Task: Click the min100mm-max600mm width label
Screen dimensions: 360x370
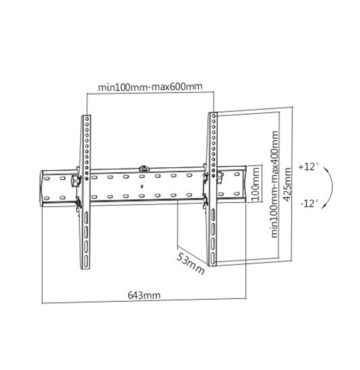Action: (x=150, y=86)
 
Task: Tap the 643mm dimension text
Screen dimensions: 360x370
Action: (x=144, y=295)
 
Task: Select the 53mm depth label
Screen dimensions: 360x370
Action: (x=190, y=263)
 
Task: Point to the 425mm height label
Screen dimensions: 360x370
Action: (x=287, y=184)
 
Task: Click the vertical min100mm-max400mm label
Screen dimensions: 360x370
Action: (x=274, y=184)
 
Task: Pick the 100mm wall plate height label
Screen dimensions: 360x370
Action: (x=255, y=184)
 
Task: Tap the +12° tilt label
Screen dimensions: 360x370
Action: (x=309, y=167)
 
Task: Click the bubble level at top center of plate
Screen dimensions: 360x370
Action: (x=144, y=168)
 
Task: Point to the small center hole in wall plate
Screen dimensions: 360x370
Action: (x=142, y=187)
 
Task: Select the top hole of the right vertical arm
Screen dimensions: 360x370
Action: (x=214, y=116)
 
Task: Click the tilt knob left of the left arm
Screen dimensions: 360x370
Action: (x=75, y=181)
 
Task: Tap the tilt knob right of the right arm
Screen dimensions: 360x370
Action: (x=220, y=178)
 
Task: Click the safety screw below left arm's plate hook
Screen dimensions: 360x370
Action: (x=77, y=210)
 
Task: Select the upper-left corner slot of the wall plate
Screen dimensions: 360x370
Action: (x=47, y=178)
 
